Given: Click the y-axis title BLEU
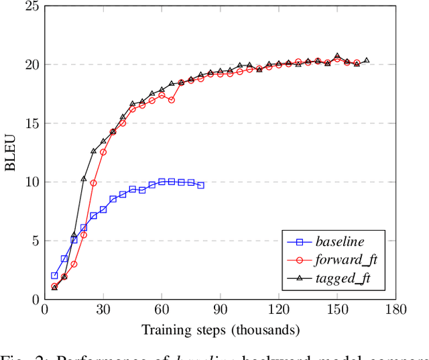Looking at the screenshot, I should (x=11, y=153).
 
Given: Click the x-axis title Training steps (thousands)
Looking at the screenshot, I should (x=221, y=329).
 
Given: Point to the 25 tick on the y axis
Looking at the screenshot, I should (x=30, y=7).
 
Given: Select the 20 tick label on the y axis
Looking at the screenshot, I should (x=30, y=65).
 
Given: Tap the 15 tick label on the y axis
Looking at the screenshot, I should (x=30, y=124).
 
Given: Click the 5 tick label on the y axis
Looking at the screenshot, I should (x=34, y=241).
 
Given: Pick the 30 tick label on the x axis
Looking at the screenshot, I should (x=103, y=310).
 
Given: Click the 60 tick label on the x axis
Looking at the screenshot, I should (x=162, y=310).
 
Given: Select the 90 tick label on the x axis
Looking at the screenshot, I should (x=220, y=310).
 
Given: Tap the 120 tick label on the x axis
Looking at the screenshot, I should (x=279, y=310).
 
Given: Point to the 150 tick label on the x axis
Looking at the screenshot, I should (x=337, y=310).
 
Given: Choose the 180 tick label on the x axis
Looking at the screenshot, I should (x=396, y=310).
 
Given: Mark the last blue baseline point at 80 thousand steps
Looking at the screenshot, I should (x=200, y=185).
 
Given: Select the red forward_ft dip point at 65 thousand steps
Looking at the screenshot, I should (x=171, y=100).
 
